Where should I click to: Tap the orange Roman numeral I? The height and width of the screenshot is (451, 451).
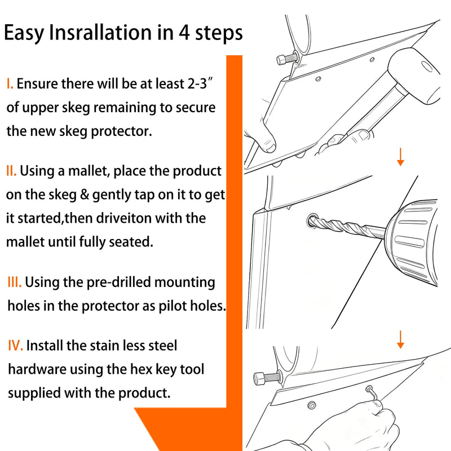coord(10,83)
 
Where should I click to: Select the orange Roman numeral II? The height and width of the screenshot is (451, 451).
coord(11,171)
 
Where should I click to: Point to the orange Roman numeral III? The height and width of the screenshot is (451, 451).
coord(15,282)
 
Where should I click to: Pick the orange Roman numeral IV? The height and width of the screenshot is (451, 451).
coord(16,346)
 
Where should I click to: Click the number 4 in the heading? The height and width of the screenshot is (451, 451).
coord(184,32)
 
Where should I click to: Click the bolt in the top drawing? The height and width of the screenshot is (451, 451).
coord(288,58)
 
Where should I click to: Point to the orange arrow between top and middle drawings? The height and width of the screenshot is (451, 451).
coord(400,157)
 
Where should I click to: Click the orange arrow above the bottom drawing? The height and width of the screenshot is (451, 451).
coord(400,339)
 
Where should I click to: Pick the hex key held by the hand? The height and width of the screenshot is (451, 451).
coord(373,393)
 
